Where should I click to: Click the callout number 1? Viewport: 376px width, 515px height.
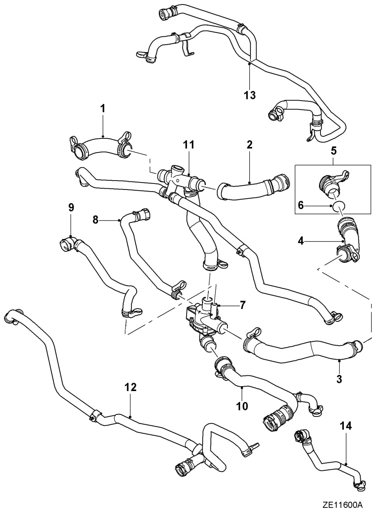[103, 109]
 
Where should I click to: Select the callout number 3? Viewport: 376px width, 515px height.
[339, 379]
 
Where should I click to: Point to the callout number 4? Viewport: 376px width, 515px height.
[301, 241]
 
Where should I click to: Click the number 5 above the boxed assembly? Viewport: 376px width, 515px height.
[333, 151]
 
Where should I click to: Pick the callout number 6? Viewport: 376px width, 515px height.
[301, 205]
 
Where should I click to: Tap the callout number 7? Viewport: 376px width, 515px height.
[243, 305]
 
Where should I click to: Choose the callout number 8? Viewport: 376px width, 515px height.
[95, 220]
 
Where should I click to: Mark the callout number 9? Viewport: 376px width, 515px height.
[71, 208]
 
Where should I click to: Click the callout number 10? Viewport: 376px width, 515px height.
[242, 406]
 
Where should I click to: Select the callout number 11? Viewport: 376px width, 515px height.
[189, 144]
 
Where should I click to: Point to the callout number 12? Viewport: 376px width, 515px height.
[130, 387]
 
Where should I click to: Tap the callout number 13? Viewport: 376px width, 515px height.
[250, 95]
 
